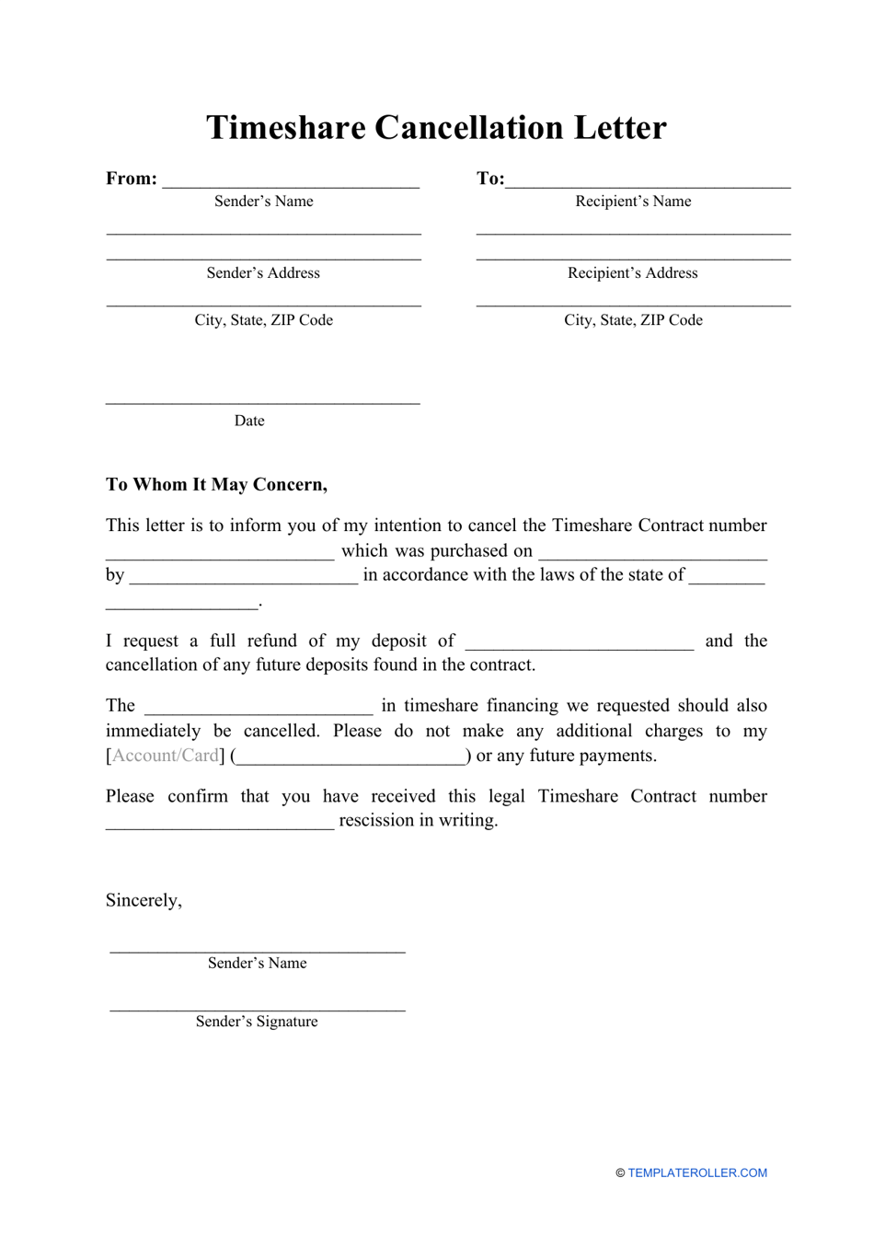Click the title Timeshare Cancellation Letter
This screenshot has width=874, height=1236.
[x=436, y=128]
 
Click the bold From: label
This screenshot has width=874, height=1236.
[x=132, y=179]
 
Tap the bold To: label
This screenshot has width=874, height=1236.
[x=489, y=179]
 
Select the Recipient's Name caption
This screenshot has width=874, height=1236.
[x=633, y=202]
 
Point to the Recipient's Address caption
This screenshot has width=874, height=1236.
[x=633, y=273]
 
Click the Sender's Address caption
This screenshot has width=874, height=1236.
[x=263, y=273]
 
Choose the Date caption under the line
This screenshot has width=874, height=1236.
[x=249, y=421]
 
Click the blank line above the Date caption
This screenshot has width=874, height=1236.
[x=263, y=401]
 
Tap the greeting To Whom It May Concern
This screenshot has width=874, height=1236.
[x=216, y=485]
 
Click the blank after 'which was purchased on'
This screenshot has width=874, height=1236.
[x=652, y=555]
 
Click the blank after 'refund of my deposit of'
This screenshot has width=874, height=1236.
[x=580, y=646]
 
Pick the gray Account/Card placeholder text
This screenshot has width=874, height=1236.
[x=166, y=756]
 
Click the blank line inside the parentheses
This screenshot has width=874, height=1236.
[x=351, y=760]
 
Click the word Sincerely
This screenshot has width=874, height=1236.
[x=144, y=900]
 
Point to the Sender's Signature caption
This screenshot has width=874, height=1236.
[x=257, y=1022]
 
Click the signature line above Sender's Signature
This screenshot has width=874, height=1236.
[x=258, y=1009]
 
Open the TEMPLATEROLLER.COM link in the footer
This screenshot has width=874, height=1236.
[x=696, y=1172]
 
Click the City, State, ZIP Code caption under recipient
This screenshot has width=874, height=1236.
[x=633, y=320]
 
